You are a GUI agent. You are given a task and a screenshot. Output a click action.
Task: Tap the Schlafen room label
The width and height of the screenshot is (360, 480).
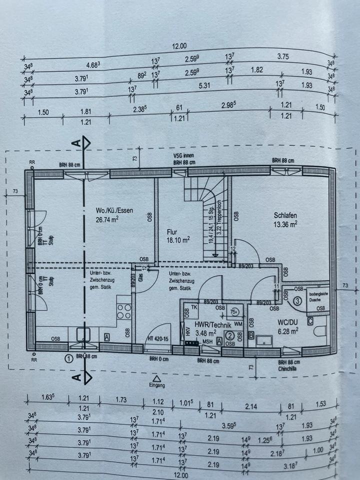[x=285, y=215]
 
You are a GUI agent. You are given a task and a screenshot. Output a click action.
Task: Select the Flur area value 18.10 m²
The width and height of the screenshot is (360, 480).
[x=178, y=240]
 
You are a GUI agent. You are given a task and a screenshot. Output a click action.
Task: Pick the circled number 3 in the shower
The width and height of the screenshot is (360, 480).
[x=296, y=301]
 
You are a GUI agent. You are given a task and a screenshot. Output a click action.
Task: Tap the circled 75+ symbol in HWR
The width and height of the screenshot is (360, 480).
[x=234, y=311]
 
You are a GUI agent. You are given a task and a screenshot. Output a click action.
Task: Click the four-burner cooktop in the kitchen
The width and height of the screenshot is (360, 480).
[x=123, y=311]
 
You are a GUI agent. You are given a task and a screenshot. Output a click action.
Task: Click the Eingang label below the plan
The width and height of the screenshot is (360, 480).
[x=157, y=386]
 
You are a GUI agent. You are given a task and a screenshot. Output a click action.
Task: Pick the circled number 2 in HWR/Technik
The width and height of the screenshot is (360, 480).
[x=230, y=336]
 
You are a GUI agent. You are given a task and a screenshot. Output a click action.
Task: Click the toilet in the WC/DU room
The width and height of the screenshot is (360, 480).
[x=320, y=331]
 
